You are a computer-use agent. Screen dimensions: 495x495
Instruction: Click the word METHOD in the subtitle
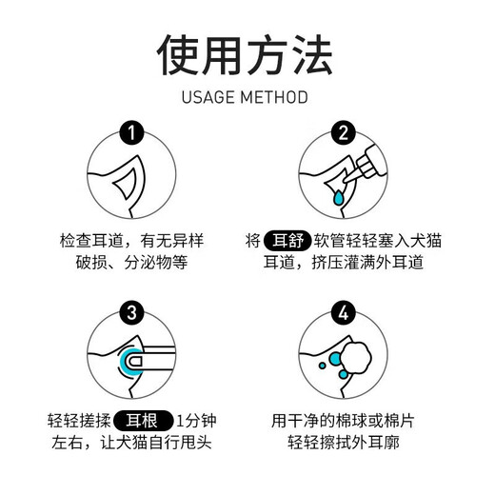(279, 97)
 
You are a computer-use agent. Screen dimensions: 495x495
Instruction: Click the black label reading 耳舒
(288, 240)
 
